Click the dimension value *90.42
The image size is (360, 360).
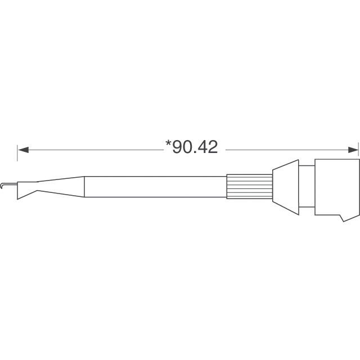pyautogui.click(x=191, y=147)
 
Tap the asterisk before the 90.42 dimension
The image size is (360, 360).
pyautogui.click(x=168, y=144)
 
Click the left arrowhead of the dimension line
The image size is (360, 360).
pyautogui.click(x=22, y=150)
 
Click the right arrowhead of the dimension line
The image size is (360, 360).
pyautogui.click(x=353, y=150)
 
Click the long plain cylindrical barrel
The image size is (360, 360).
pyautogui.click(x=155, y=186)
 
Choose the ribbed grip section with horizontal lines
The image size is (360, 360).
pyautogui.click(x=249, y=186)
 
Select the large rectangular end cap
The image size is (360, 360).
pyautogui.click(x=336, y=186)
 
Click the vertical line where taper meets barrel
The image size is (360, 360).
pyautogui.click(x=84, y=187)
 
